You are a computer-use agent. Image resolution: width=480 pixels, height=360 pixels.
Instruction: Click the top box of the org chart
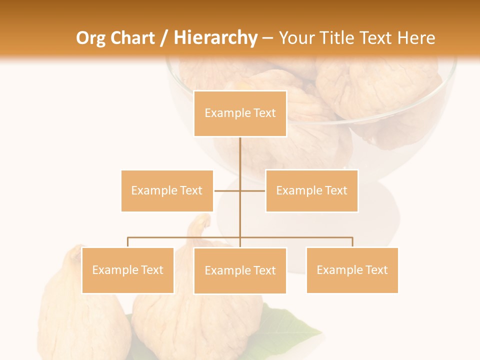[x=240, y=113]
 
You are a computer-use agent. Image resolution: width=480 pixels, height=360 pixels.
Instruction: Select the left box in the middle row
[x=167, y=190]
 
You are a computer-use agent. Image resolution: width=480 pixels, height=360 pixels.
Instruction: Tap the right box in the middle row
[x=311, y=190]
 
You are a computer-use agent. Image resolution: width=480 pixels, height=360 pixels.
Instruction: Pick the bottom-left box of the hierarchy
[x=127, y=270]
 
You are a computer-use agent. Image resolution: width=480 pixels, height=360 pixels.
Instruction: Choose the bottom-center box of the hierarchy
[x=240, y=270]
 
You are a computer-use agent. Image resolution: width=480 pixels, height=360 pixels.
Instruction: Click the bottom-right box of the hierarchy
[x=352, y=270]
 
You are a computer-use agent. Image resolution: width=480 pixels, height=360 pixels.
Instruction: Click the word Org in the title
[x=90, y=38]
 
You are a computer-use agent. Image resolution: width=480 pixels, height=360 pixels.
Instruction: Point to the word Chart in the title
[x=132, y=38]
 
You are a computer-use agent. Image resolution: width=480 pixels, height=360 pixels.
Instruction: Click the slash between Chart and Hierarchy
[x=164, y=38]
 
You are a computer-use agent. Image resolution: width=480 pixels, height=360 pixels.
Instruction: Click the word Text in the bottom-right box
[x=376, y=270]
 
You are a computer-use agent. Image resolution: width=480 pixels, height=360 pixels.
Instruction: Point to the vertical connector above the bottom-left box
[x=127, y=242]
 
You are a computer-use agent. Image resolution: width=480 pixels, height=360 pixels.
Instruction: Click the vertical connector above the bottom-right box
[x=352, y=242]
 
